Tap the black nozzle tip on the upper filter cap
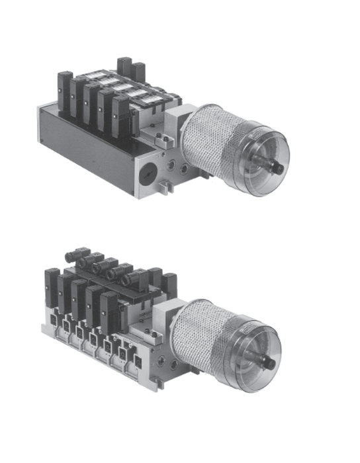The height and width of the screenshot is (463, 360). pyautogui.click(x=279, y=169)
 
